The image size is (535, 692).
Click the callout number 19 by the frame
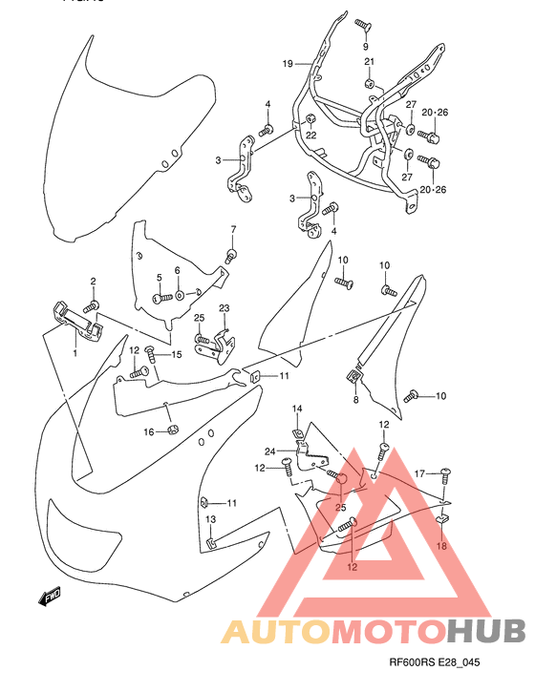point(286,64)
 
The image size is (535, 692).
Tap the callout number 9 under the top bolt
point(365,45)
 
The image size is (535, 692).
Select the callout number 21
point(369,62)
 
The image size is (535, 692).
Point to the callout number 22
point(310,135)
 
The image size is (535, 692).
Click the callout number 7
point(232,230)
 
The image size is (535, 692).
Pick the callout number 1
point(74,353)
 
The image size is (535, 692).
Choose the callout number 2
point(94,281)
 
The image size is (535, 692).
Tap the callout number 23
point(225,308)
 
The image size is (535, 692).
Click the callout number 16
point(149,432)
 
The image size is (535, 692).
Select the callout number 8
point(355,401)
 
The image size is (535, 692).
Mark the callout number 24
point(270,451)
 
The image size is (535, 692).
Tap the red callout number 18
point(441,546)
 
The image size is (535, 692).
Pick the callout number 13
point(211,519)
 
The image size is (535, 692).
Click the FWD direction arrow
point(48,598)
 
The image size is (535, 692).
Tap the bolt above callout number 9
point(364,23)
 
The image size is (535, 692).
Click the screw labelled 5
point(166,297)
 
